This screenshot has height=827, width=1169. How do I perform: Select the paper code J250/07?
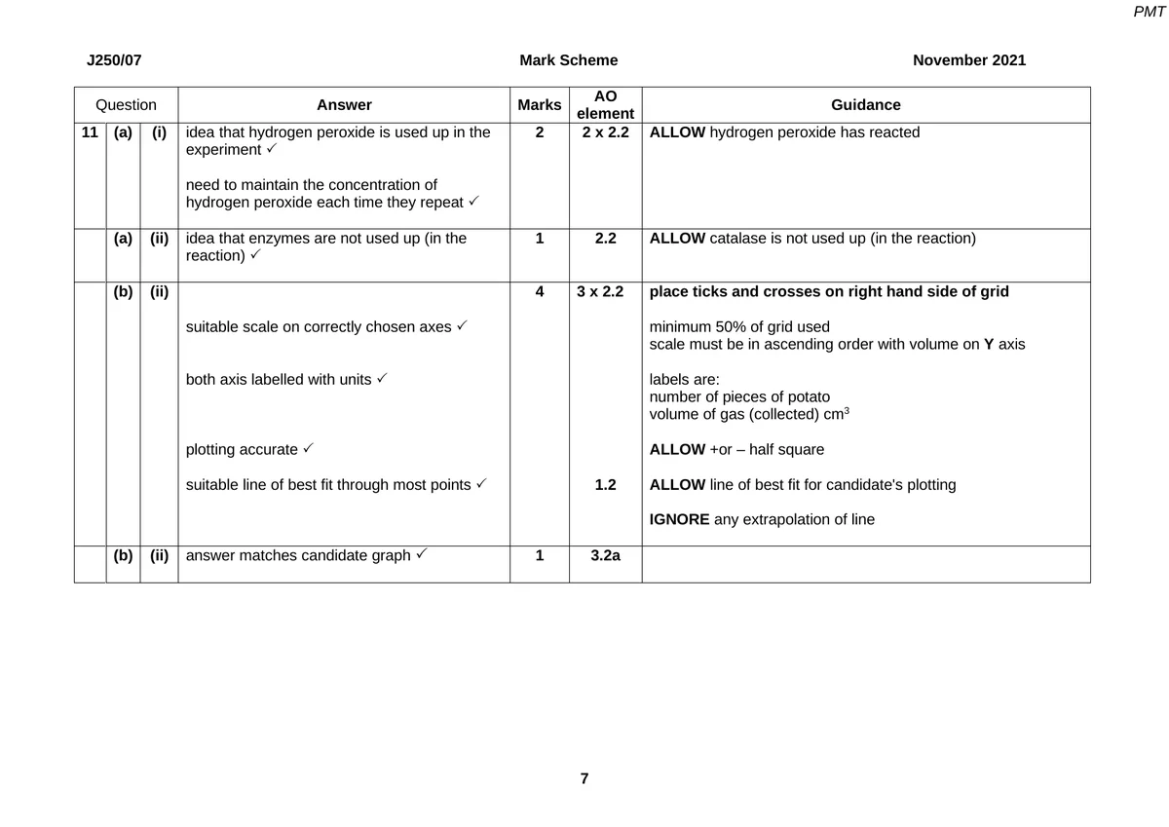click(114, 60)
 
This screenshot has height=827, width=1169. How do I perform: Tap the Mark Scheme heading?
click(569, 60)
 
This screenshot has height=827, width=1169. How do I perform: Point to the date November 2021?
click(969, 60)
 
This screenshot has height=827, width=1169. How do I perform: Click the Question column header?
click(126, 105)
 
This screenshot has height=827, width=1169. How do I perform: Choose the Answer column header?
click(344, 105)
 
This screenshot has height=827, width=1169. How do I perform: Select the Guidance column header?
click(865, 105)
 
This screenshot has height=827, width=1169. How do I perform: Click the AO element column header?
click(605, 105)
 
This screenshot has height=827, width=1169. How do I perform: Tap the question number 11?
click(90, 132)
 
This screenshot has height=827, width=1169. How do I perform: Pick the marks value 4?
click(539, 291)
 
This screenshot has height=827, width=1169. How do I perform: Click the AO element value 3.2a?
click(605, 556)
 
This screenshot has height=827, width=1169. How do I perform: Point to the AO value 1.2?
click(605, 485)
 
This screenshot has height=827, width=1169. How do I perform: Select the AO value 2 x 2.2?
click(605, 132)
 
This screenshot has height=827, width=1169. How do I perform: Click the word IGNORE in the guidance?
click(679, 520)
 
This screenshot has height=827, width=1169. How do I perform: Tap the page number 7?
click(584, 778)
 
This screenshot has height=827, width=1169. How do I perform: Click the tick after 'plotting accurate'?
click(307, 449)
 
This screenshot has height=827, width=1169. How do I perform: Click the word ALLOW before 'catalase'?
click(677, 239)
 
